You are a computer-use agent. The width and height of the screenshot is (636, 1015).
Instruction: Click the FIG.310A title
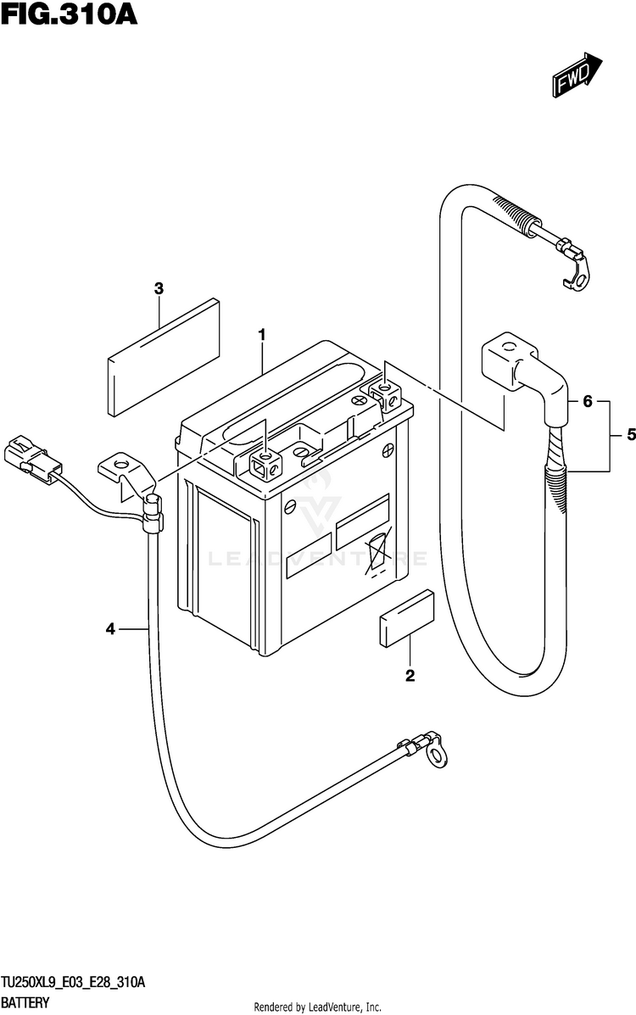tap(70, 14)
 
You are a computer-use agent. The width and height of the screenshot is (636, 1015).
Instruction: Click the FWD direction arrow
tap(577, 75)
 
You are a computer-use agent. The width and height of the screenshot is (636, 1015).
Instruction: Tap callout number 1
tap(262, 335)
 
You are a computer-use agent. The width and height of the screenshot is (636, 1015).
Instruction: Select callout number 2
tap(410, 676)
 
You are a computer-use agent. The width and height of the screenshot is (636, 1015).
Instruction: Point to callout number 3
tap(159, 288)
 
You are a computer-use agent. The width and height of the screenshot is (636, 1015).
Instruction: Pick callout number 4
tap(110, 628)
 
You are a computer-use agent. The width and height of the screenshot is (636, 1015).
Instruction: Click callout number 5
tap(630, 436)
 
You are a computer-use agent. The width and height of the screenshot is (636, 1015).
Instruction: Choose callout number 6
tap(587, 401)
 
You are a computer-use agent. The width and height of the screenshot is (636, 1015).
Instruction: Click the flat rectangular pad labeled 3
tap(163, 357)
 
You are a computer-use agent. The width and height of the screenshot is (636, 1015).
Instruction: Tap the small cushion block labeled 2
tap(406, 618)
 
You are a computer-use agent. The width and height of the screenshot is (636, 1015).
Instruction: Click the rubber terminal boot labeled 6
tap(526, 382)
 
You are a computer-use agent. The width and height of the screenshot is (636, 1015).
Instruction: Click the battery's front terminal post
tap(266, 464)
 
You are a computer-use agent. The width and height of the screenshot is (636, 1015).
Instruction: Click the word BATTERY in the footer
tap(25, 1002)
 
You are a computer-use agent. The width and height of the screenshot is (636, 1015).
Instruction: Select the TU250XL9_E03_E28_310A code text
tap(73, 983)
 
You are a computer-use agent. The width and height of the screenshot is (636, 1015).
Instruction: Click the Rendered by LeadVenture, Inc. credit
tap(317, 1007)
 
